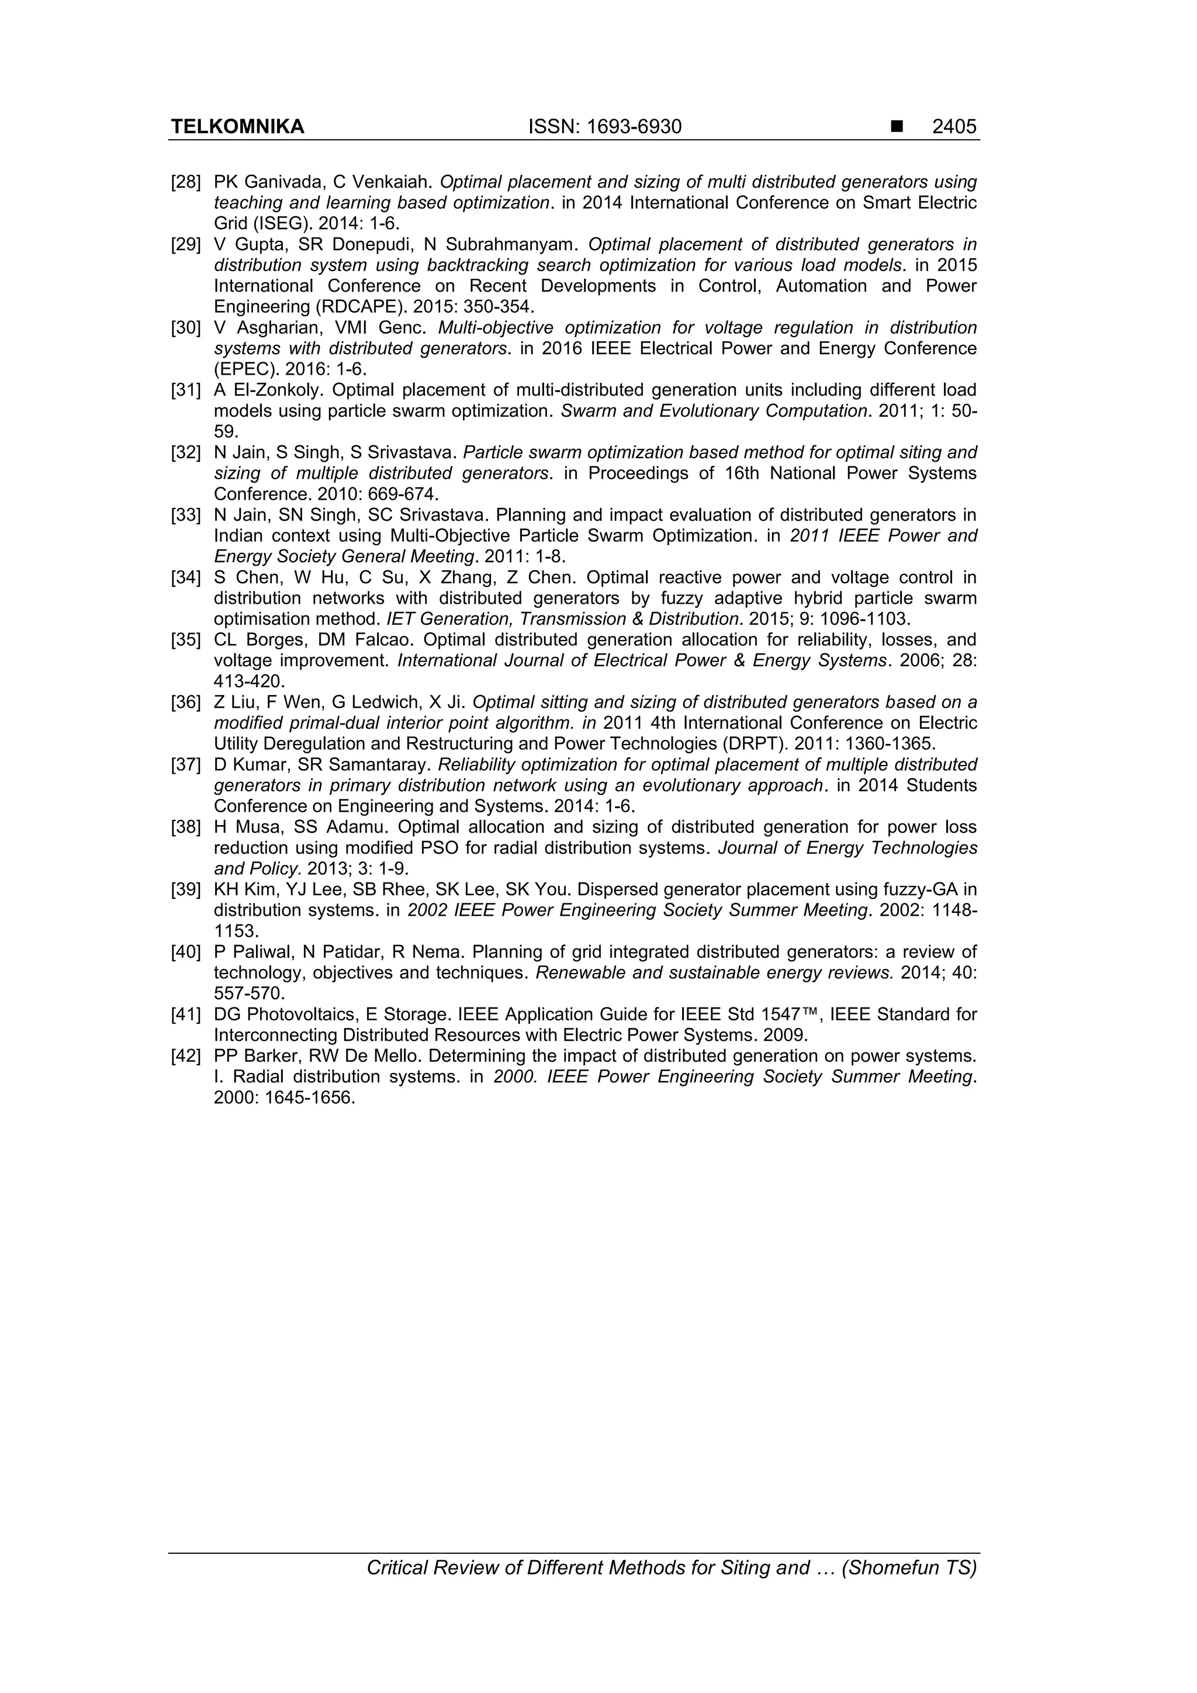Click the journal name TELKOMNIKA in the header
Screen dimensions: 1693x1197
coord(237,127)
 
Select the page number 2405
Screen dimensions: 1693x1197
coord(954,127)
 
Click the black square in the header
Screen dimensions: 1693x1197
coord(897,127)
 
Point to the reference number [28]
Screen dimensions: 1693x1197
coord(186,182)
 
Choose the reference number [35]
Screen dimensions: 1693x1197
coord(186,640)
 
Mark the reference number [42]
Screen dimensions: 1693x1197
coord(186,1056)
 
